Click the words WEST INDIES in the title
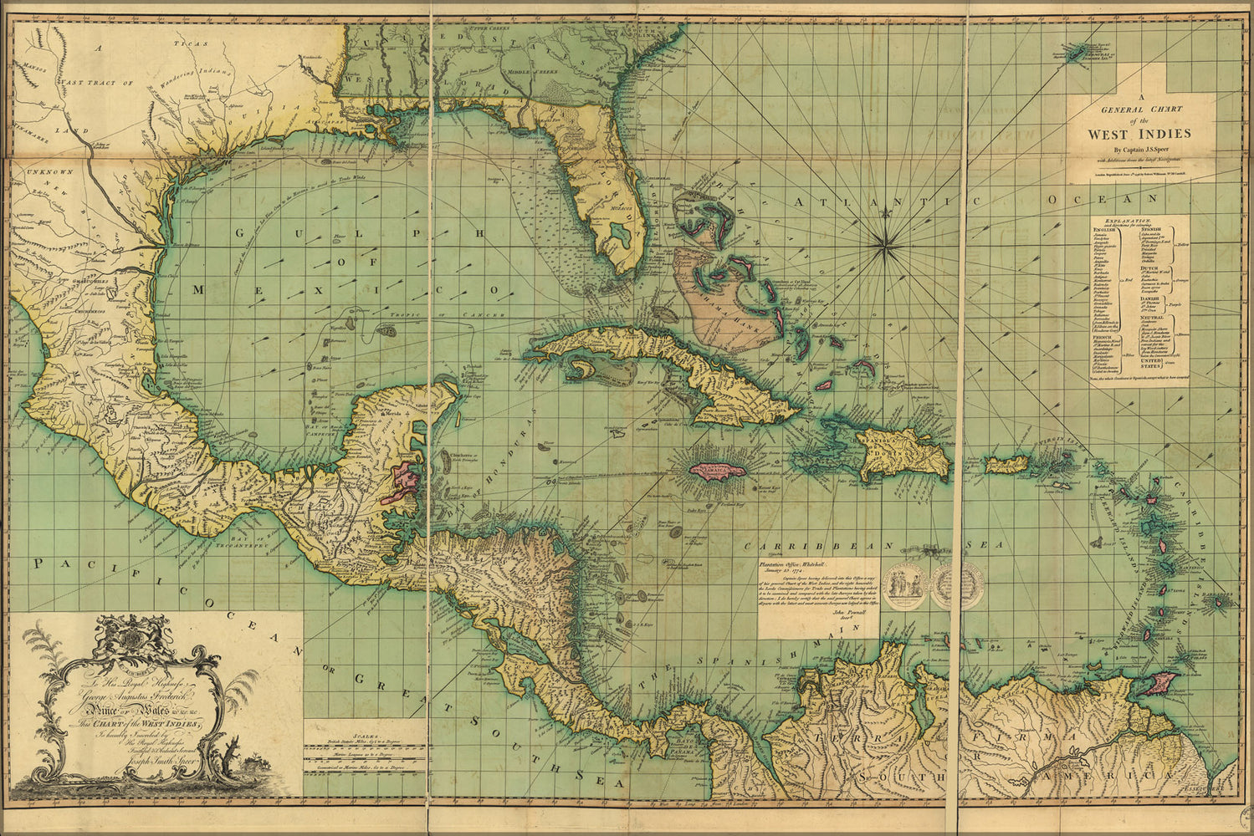click(1139, 133)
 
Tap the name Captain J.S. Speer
click(1139, 149)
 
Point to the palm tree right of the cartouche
click(243, 694)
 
